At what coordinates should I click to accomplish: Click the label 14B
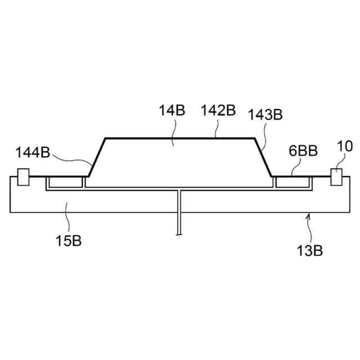tap(172, 110)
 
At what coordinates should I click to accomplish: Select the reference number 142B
tap(218, 110)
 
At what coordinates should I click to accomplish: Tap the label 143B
tap(265, 114)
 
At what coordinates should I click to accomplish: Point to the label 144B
tap(33, 152)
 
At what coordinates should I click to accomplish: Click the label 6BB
tap(303, 151)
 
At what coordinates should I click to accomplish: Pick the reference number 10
tap(345, 146)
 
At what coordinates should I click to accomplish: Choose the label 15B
tap(69, 241)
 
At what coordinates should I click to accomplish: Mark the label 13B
tap(310, 250)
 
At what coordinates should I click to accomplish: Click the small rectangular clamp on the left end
tap(23, 177)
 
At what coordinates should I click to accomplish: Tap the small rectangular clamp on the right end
tap(336, 177)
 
